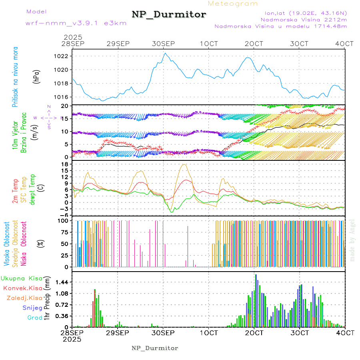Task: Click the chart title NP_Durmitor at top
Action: pos(169,15)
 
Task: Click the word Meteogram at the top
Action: pos(233,4)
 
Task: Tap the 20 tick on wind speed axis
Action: pos(64,106)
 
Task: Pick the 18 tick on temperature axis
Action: pos(64,164)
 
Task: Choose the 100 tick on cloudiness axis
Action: pos(62,220)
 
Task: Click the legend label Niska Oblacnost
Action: pos(24,244)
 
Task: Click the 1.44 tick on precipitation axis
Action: pos(61,282)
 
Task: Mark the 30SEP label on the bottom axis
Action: pos(163,332)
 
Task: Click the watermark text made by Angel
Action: pos(352,240)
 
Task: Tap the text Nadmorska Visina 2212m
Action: pos(304,19)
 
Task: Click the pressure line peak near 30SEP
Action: pos(165,53)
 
